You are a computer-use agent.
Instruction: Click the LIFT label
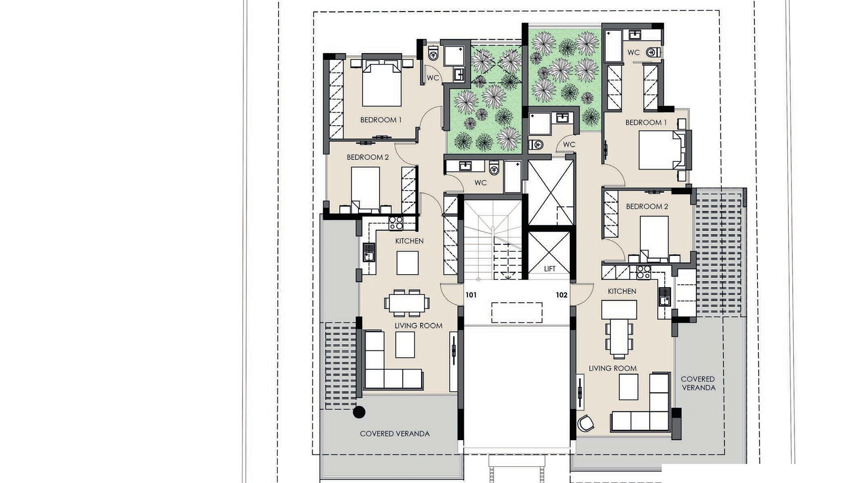tap(550, 269)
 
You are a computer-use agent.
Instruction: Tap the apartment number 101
tap(471, 295)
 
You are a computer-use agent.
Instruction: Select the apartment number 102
tap(562, 295)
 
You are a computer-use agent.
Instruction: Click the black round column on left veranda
tap(359, 412)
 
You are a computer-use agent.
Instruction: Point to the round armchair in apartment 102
tap(585, 423)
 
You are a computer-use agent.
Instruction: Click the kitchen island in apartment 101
tap(408, 263)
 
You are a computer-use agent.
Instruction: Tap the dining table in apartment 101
tap(407, 303)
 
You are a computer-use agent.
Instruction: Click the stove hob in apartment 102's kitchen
tap(643, 272)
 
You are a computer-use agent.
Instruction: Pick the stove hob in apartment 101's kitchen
tap(395, 223)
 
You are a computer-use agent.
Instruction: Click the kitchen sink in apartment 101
tap(369, 252)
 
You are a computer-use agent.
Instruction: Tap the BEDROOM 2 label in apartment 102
tap(647, 207)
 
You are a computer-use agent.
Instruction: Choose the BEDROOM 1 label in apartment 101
tap(381, 120)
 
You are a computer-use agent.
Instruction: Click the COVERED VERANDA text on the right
tap(698, 383)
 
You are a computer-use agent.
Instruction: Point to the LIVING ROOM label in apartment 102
tap(613, 369)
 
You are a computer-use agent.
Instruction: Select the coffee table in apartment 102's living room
tap(628, 387)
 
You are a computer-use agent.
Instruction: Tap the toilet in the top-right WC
tap(653, 52)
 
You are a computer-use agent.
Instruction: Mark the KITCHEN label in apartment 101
tap(409, 241)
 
